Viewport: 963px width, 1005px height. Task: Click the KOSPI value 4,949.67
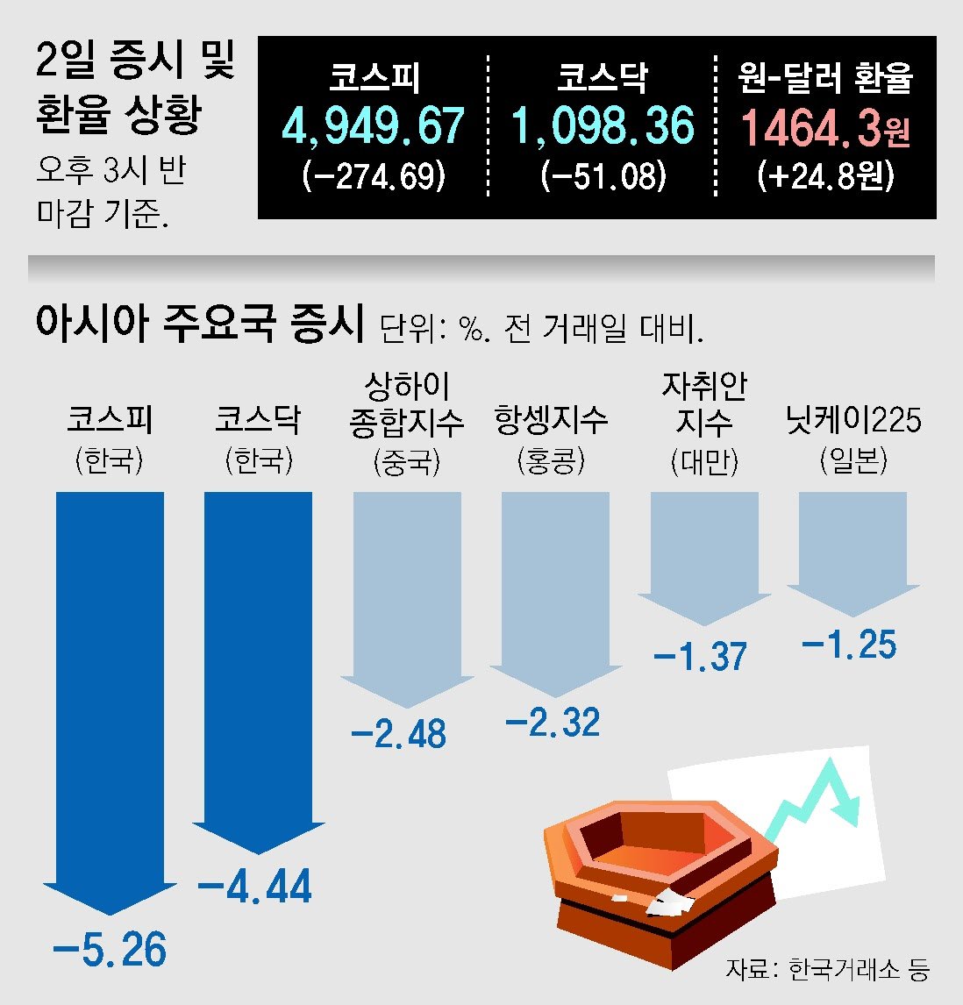click(373, 126)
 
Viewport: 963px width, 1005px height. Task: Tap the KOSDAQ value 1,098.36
click(603, 126)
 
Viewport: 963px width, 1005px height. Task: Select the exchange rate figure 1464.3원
click(824, 128)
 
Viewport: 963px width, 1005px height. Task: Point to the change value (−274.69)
click(374, 176)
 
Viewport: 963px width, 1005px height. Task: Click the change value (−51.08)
click(603, 176)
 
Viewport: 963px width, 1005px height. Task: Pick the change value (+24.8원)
click(825, 176)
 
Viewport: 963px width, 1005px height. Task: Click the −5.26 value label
click(110, 951)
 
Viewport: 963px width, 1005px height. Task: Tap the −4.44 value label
click(255, 887)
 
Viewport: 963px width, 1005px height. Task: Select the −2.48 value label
click(399, 734)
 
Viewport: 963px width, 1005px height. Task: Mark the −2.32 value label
click(553, 723)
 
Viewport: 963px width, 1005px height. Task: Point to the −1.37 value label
click(701, 656)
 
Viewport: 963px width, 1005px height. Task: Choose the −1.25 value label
click(850, 645)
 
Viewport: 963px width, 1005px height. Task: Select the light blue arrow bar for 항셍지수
click(554, 588)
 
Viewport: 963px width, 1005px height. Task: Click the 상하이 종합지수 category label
click(406, 405)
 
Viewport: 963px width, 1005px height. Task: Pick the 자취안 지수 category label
click(704, 405)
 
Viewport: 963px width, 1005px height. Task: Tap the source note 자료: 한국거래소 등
click(827, 969)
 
